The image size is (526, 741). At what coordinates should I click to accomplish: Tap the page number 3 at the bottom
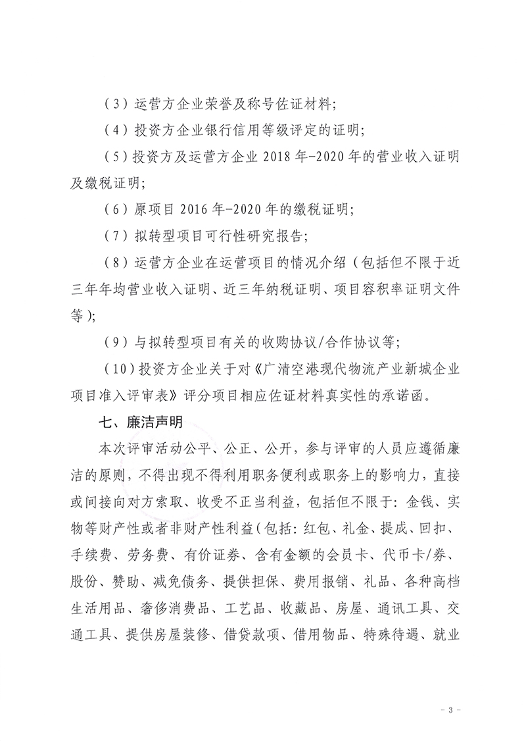[x=450, y=710]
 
